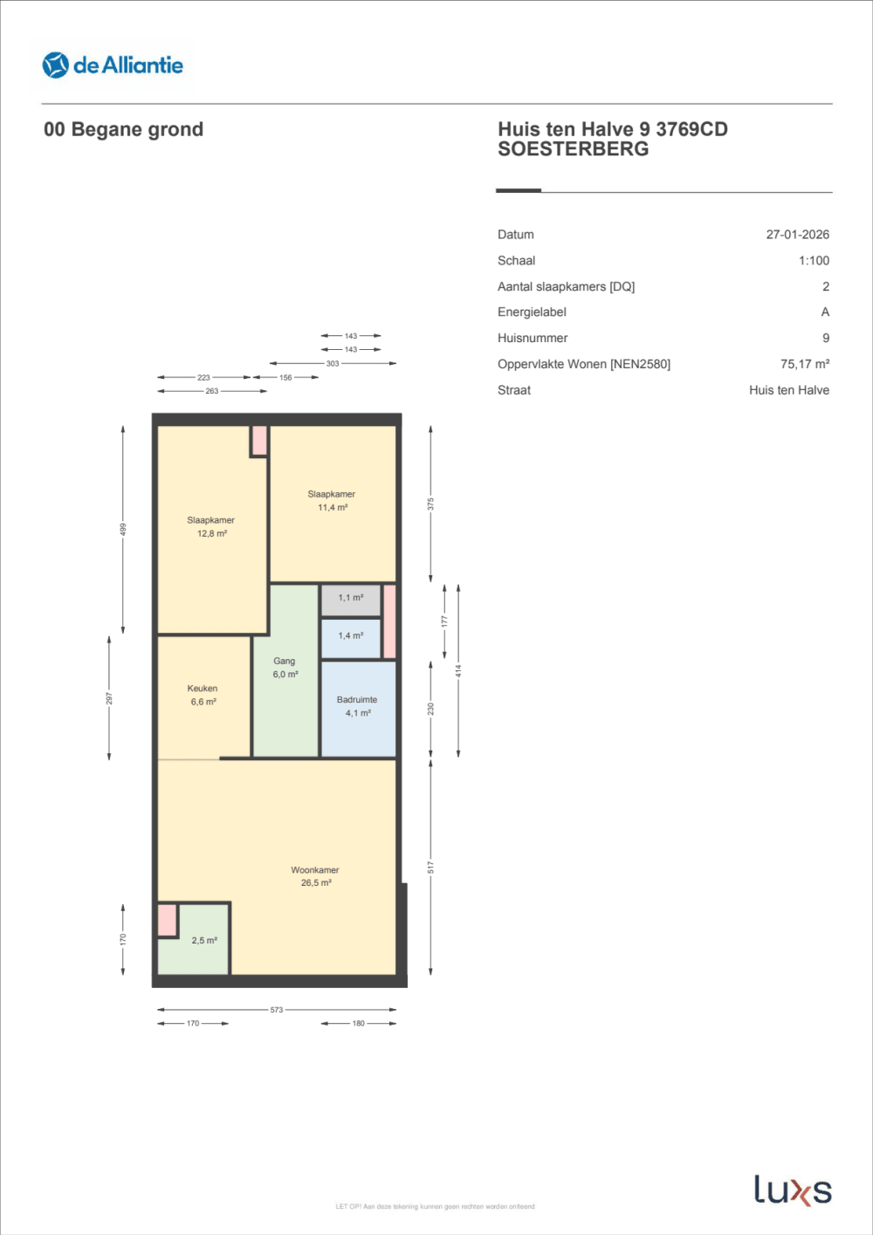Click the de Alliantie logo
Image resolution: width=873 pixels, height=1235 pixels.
(113, 65)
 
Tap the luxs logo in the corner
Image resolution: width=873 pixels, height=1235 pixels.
(793, 1190)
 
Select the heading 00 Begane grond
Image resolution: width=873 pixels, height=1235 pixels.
(123, 129)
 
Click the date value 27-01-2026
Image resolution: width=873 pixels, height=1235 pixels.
(797, 235)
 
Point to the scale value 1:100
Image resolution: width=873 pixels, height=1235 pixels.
(814, 261)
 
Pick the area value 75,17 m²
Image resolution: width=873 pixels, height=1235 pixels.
(804, 364)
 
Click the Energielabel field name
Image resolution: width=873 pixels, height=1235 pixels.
(532, 312)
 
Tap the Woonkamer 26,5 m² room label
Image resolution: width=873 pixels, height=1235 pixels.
(315, 876)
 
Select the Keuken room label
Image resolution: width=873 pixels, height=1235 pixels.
(203, 695)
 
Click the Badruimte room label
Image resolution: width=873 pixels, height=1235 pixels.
(357, 706)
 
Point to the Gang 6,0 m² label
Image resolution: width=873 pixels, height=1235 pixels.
(285, 668)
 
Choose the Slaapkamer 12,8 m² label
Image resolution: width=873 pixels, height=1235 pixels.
(210, 526)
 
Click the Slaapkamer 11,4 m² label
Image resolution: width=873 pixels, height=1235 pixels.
(332, 500)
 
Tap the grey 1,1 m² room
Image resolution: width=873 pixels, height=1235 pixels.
(350, 599)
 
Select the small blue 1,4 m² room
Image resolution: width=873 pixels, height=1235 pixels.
(350, 636)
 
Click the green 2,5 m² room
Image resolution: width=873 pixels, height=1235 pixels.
(203, 941)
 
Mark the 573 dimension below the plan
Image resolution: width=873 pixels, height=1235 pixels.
(277, 1010)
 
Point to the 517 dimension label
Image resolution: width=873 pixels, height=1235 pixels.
(430, 867)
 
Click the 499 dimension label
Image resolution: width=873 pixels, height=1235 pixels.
(123, 529)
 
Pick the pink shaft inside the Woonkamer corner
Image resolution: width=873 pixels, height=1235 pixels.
(167, 921)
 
